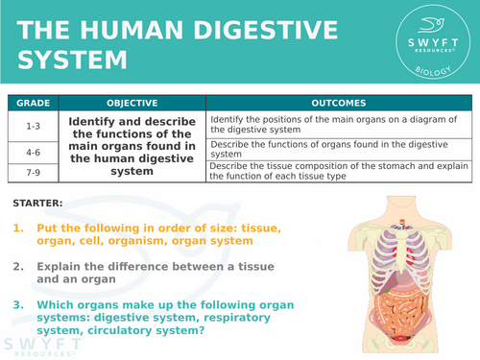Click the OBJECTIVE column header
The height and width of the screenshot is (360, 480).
132,102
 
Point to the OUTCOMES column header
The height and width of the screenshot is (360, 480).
340,102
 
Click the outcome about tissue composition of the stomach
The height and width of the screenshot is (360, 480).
340,170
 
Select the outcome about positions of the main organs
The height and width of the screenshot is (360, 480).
340,124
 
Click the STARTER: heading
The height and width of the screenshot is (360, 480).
39,204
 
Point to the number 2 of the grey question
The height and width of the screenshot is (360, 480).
18,266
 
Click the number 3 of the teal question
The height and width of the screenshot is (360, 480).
18,304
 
